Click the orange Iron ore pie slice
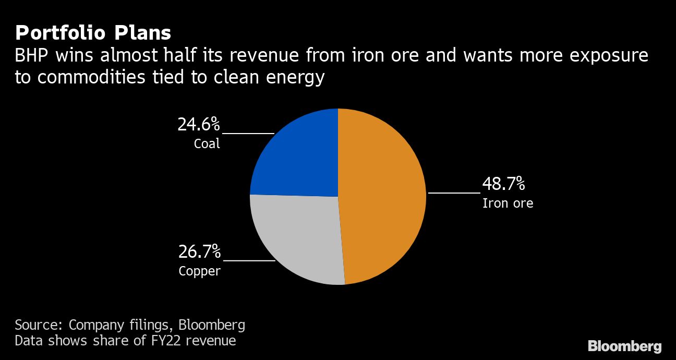383,198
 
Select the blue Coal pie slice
297,154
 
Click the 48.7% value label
503,184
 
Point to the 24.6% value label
199,125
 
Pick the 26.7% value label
199,252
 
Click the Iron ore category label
508,203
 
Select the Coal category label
207,143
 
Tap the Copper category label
199,271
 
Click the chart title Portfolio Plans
93,33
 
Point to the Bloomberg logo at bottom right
624,346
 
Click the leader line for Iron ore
454,193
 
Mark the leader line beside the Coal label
248,134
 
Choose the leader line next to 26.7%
249,260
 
